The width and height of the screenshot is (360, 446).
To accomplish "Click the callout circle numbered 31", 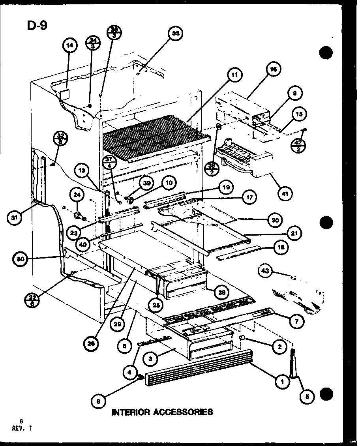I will pyautogui.click(x=14, y=218).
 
